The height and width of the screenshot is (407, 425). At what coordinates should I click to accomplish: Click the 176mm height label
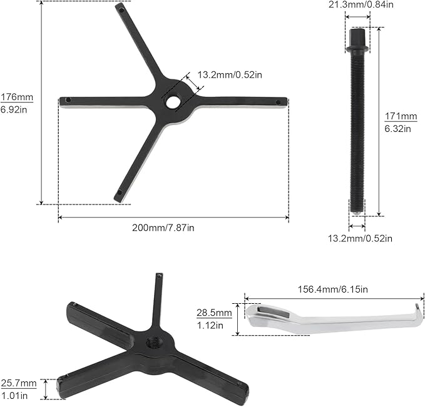point(17,98)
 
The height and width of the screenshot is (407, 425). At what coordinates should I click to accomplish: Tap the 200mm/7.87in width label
point(163,228)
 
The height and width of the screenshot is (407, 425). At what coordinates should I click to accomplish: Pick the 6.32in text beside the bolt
point(397,129)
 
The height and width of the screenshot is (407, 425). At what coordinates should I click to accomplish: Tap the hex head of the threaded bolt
point(357,39)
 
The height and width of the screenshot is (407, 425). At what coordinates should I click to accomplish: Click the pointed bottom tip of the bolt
point(357,213)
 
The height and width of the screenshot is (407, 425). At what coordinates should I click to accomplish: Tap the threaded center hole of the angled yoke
point(152,342)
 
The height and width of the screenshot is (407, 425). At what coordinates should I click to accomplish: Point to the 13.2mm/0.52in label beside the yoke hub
point(230,74)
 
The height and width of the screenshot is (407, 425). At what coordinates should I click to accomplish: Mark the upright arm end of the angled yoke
point(160,279)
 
